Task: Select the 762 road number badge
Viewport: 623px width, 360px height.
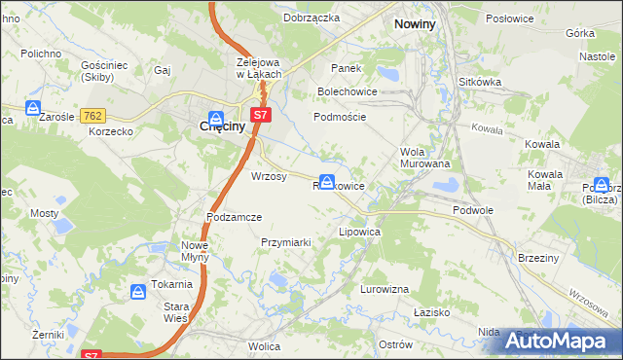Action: coord(93,116)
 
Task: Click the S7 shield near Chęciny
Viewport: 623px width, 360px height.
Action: coord(259,116)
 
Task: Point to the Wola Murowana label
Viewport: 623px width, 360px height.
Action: coord(425,158)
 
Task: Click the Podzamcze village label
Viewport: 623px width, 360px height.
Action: coord(234,217)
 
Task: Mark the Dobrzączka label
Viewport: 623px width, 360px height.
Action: coord(311,18)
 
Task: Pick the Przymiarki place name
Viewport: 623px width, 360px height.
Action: coord(285,242)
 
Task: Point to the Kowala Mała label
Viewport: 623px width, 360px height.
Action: coord(546,180)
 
